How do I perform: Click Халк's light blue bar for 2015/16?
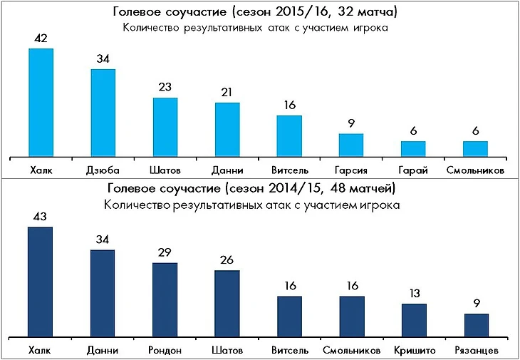click(41, 102)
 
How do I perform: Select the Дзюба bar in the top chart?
click(103, 112)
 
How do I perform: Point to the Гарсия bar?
click(351, 145)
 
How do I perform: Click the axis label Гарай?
click(413, 171)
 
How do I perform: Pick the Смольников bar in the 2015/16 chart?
click(475, 148)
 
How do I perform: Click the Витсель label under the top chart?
click(288, 171)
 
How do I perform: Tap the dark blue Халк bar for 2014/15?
click(40, 282)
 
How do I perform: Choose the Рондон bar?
click(165, 299)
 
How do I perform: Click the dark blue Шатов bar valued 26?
click(227, 303)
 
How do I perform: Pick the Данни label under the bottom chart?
click(103, 351)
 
